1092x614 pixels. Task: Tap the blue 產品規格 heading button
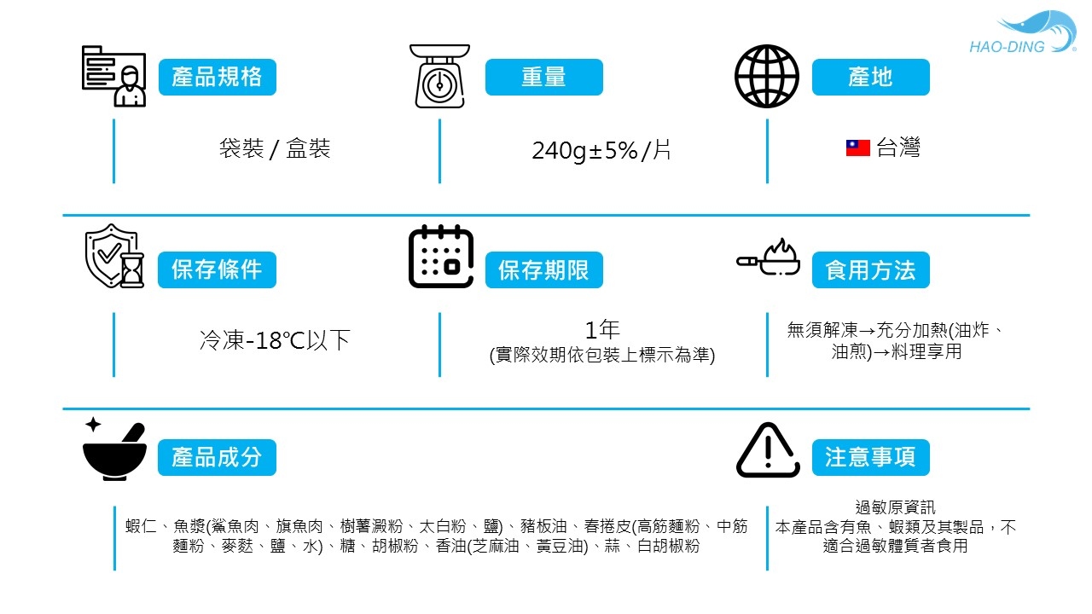(x=218, y=78)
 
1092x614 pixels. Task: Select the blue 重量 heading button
(x=543, y=78)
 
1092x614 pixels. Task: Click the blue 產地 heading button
(x=870, y=78)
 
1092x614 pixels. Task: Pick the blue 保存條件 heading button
(x=217, y=270)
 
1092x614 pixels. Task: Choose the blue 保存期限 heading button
(x=543, y=270)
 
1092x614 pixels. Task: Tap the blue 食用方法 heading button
(x=870, y=270)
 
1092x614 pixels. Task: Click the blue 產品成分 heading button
(x=217, y=457)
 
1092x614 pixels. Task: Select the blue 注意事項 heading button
(x=870, y=457)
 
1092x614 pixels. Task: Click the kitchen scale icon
(x=439, y=77)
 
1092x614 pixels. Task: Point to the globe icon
(x=767, y=77)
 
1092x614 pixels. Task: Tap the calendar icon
(x=441, y=257)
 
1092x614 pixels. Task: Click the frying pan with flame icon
(x=769, y=257)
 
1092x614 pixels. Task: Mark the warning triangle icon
(x=768, y=450)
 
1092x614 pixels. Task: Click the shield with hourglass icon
(x=114, y=256)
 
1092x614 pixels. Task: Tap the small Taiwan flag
(x=857, y=148)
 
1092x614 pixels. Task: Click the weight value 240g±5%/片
(x=601, y=151)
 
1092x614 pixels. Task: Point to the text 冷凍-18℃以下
(x=275, y=341)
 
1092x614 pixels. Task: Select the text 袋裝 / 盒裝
(x=275, y=149)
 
